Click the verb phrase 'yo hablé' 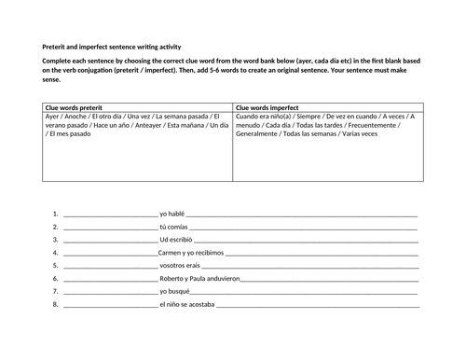pos(174,214)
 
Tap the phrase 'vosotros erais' pos(184,266)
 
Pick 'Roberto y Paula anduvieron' pos(199,279)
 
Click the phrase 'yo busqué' pos(176,292)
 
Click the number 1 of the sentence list pos(56,214)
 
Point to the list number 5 pos(56,266)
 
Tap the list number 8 pos(56,305)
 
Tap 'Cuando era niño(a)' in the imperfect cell pos(266,118)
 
